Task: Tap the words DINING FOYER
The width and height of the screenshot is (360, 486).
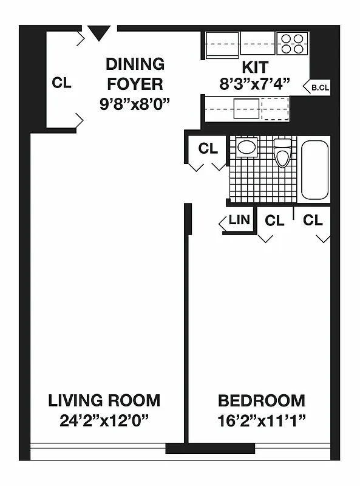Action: [135, 73]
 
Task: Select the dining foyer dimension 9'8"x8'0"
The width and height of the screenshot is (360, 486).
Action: [134, 103]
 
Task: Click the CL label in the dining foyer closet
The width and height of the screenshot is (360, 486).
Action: [61, 83]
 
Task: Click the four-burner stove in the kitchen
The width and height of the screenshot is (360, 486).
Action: [292, 44]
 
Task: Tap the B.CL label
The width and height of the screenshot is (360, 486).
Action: [320, 87]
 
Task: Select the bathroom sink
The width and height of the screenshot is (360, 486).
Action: [246, 146]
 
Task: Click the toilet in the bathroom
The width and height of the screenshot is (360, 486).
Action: [283, 153]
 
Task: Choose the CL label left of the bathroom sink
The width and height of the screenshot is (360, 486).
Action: [208, 148]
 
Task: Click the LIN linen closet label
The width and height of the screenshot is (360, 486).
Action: [239, 220]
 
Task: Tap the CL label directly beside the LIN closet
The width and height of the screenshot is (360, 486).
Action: [274, 221]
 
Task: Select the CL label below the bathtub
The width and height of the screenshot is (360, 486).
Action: [313, 220]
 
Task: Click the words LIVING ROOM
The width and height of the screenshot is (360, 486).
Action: [104, 400]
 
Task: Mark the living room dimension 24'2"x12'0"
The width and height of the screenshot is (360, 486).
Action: [104, 420]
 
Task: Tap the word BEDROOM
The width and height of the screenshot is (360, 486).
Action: [261, 400]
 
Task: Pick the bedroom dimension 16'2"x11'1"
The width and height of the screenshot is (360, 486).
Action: [261, 420]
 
